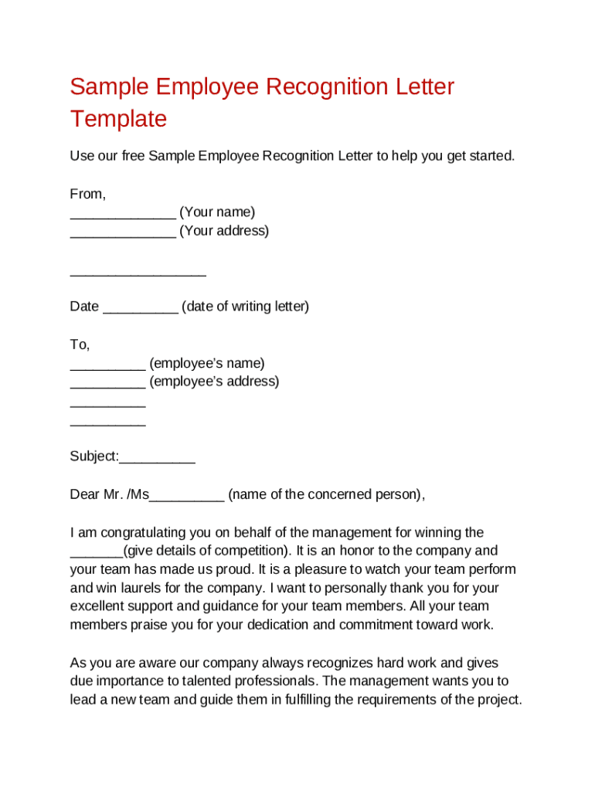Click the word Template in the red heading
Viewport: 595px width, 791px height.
pyautogui.click(x=118, y=119)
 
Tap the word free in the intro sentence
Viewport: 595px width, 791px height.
pyautogui.click(x=131, y=156)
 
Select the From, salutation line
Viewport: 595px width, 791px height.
pyautogui.click(x=88, y=194)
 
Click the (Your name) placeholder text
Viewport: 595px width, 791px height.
pyautogui.click(x=217, y=212)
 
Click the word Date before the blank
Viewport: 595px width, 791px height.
pyautogui.click(x=84, y=307)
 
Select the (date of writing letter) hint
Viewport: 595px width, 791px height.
pyautogui.click(x=245, y=307)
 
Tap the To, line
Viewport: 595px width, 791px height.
pyautogui.click(x=80, y=345)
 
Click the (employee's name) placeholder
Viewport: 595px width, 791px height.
pyautogui.click(x=207, y=363)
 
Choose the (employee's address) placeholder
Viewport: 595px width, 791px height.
pyautogui.click(x=214, y=382)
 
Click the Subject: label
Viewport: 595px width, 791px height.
pyautogui.click(x=94, y=457)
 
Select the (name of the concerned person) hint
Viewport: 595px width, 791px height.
pyautogui.click(x=325, y=494)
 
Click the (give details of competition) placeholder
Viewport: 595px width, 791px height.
pyautogui.click(x=206, y=551)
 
